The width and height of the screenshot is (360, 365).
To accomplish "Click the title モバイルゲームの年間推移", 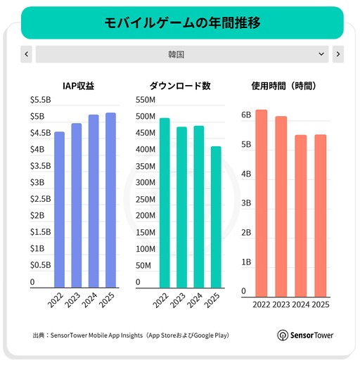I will [182, 23].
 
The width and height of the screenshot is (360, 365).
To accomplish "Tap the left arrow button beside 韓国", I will [26, 54].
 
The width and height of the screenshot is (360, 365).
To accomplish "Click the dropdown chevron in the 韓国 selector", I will [321, 54].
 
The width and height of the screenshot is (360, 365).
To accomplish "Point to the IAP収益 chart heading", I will [79, 86].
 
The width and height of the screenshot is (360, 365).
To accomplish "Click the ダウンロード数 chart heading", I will [180, 86].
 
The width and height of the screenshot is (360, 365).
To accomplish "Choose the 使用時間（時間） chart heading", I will [283, 86].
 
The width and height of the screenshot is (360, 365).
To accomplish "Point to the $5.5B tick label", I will [41, 99].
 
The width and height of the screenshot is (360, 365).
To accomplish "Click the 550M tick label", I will [146, 99].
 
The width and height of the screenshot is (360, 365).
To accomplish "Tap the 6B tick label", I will [246, 115].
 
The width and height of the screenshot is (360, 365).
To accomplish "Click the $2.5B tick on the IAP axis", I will [41, 199].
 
